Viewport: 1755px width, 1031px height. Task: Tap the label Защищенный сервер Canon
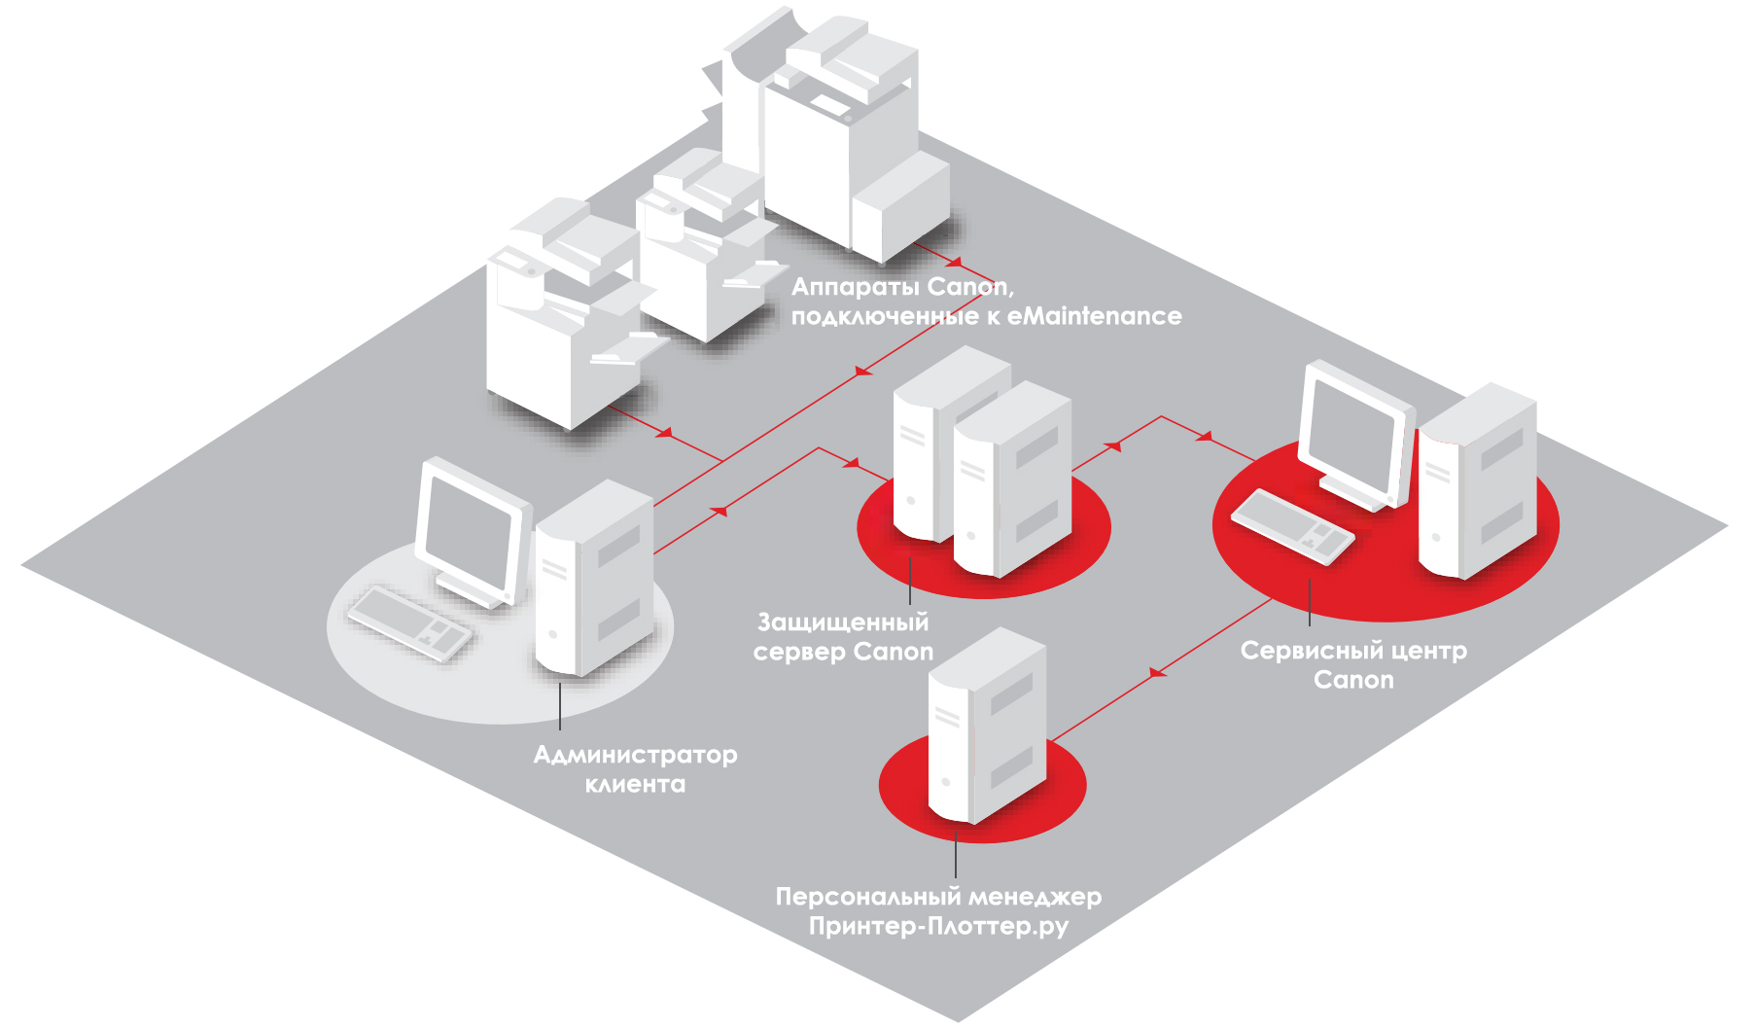click(843, 637)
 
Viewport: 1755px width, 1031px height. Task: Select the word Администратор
click(635, 755)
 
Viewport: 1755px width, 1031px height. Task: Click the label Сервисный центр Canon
click(1353, 664)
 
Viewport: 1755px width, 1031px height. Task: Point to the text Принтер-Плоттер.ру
click(938, 926)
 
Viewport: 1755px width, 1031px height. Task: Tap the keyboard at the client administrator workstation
click(409, 623)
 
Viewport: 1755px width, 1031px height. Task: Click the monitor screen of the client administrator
click(466, 533)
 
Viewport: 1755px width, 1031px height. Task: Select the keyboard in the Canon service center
click(1292, 525)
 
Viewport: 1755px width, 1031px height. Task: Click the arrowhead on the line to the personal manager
click(1157, 672)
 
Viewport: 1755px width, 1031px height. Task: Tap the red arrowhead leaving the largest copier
click(955, 263)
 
